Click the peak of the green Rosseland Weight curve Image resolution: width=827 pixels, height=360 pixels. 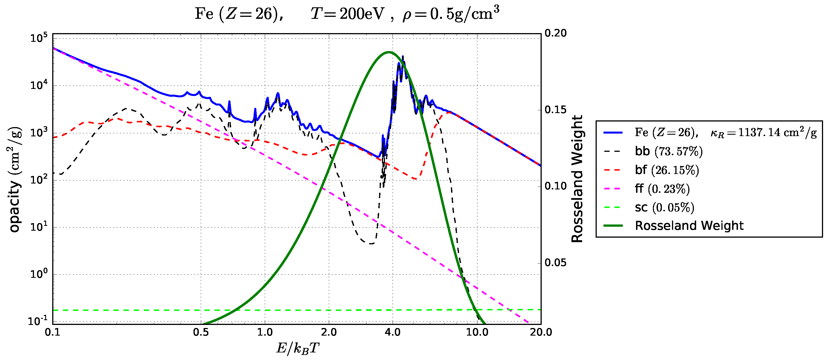click(x=388, y=52)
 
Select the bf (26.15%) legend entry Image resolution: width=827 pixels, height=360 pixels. click(x=666, y=170)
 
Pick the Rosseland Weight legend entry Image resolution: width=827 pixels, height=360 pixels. click(x=689, y=226)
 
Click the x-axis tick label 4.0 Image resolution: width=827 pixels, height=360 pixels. click(x=393, y=333)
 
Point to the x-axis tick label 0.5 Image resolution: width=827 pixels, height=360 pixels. click(x=201, y=333)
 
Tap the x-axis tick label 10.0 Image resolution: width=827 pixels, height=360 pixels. click(x=477, y=333)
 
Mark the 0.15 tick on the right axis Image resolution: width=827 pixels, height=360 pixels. click(x=556, y=110)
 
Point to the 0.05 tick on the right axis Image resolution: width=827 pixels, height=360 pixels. click(x=556, y=262)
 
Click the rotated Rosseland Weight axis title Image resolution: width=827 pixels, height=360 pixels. click(x=577, y=179)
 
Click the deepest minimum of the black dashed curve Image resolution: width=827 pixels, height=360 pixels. click(x=371, y=244)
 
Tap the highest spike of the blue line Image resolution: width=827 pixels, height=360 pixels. click(x=403, y=56)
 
